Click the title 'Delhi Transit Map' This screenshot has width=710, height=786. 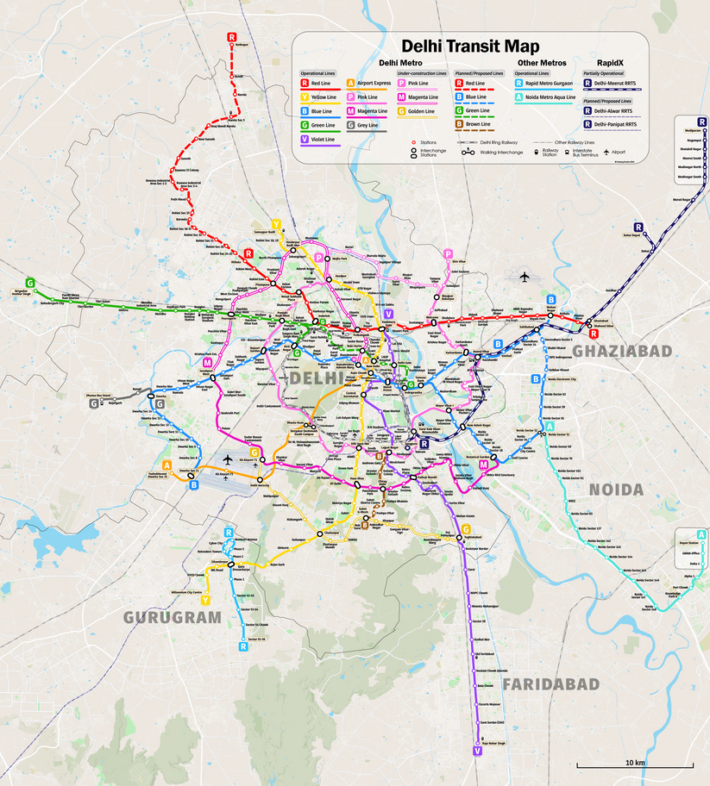[x=469, y=47]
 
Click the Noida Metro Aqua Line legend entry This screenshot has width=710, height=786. [x=551, y=97]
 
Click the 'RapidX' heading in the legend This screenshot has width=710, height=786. [x=611, y=63]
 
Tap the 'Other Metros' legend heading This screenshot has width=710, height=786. [x=541, y=63]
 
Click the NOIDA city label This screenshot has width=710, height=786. [x=615, y=490]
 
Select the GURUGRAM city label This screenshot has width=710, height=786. [x=171, y=617]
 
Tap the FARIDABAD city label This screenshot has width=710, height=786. [x=550, y=683]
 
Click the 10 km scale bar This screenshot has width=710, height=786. [x=635, y=764]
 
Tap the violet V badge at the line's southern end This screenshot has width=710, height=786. [x=476, y=752]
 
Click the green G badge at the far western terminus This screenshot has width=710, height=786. [x=30, y=283]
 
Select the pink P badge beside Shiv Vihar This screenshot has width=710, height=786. [x=448, y=253]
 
